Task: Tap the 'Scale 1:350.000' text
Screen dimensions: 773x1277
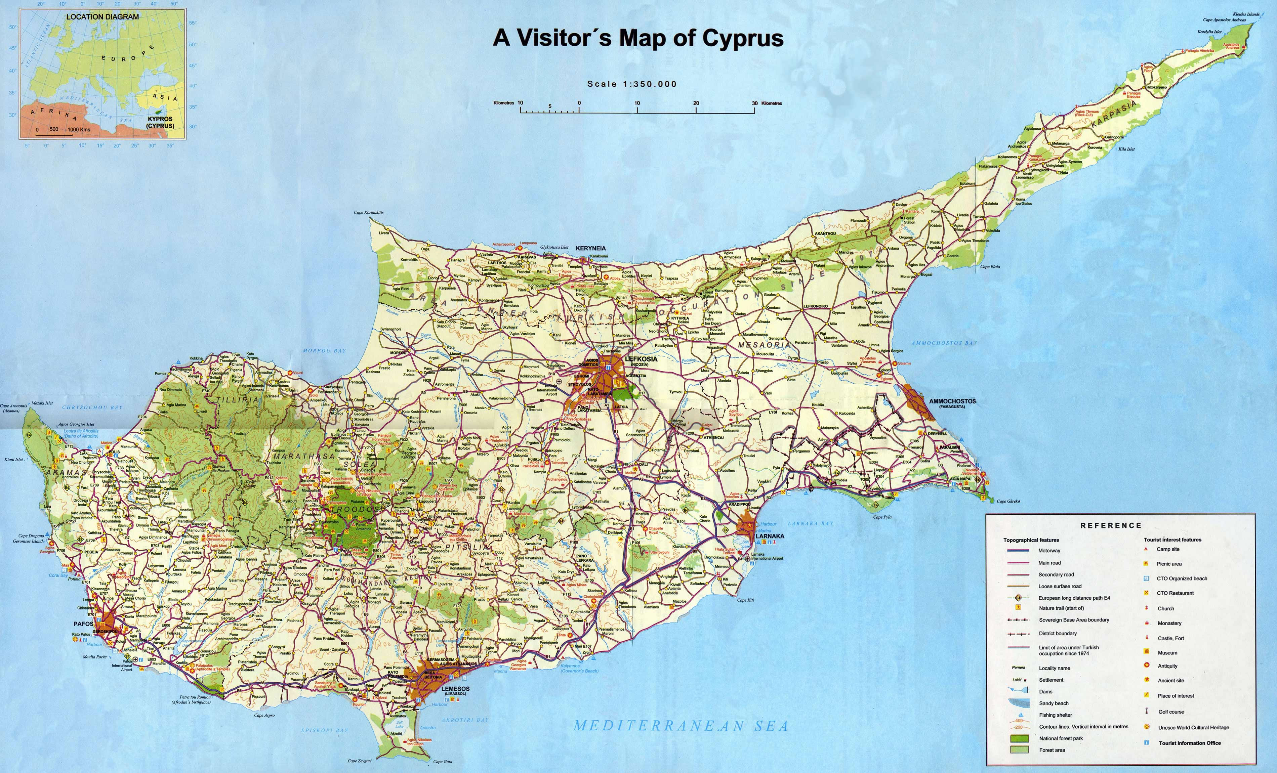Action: (632, 84)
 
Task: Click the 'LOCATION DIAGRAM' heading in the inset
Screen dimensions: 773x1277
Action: (102, 16)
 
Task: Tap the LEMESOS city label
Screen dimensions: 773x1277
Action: (456, 689)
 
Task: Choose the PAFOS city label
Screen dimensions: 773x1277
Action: (83, 624)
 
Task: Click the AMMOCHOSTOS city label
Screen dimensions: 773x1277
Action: (952, 401)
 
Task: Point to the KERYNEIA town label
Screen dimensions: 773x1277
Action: (590, 248)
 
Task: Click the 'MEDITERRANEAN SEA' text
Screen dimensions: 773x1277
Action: (681, 726)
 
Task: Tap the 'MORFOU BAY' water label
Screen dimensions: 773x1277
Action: (324, 351)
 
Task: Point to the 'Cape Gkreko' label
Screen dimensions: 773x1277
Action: (1008, 501)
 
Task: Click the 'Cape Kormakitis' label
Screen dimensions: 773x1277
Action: (369, 212)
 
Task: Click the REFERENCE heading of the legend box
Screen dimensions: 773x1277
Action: (1111, 525)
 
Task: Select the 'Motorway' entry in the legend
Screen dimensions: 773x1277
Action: (1049, 551)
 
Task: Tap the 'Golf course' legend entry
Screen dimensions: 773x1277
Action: (1171, 712)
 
